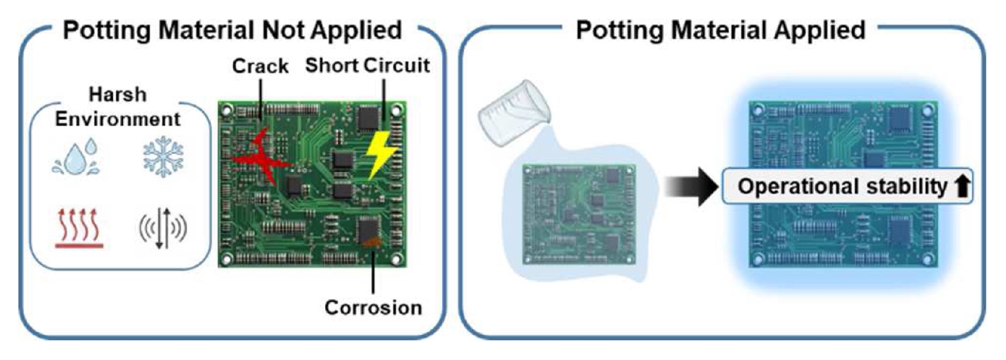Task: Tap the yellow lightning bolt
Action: (x=380, y=155)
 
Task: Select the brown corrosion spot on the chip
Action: (x=371, y=243)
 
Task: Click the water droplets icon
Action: (x=76, y=157)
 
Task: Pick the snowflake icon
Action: (x=163, y=157)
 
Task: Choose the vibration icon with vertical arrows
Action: (x=163, y=228)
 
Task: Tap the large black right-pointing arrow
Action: (x=691, y=186)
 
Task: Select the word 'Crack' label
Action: (x=260, y=66)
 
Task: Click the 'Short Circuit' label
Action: (x=368, y=65)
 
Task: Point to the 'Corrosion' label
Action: (x=373, y=308)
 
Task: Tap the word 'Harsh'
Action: (x=118, y=95)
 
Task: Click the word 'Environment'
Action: (x=118, y=119)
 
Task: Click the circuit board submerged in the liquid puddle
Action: (x=579, y=215)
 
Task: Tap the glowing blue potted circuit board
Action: (x=843, y=185)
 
